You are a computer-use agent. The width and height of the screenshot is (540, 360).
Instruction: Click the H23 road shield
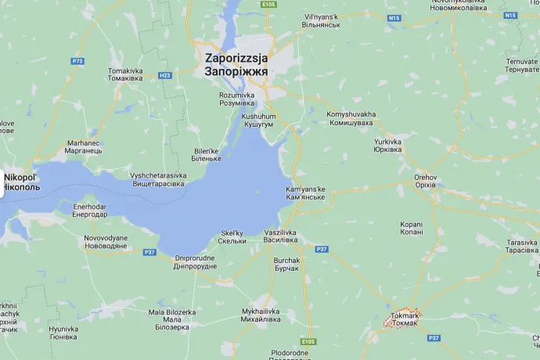coord(164,76)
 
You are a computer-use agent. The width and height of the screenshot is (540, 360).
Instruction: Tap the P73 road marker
coord(77,60)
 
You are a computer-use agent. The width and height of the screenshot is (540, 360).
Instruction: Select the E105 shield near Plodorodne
coord(308,343)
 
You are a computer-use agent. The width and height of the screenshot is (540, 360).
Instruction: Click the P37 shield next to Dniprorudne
coord(149,252)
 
